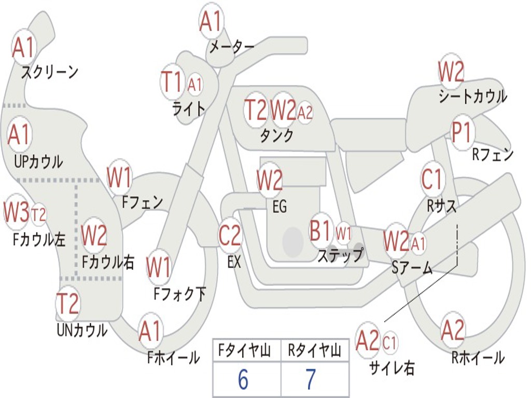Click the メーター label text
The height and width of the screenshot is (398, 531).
coord(231,47)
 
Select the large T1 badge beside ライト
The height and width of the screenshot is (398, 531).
coord(173,82)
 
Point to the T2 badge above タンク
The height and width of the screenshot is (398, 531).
coord(256,110)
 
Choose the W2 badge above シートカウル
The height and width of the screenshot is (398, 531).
coord(451,72)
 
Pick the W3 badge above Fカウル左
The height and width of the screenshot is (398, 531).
coord(16,212)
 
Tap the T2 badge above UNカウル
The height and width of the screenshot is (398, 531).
coord(67,304)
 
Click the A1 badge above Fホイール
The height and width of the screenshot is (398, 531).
coord(150,331)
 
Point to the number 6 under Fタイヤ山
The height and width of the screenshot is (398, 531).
coord(243,380)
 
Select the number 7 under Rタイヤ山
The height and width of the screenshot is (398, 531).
coord(311,380)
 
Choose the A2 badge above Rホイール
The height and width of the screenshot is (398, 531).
coord(453,330)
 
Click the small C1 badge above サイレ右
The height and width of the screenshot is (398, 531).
coord(389,342)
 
